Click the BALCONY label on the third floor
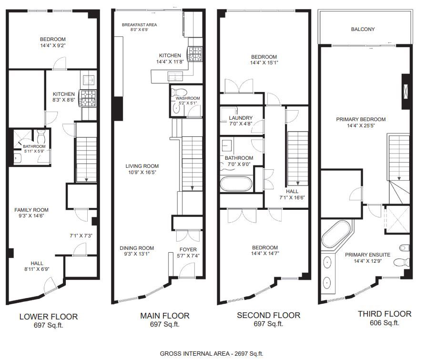click(x=363, y=29)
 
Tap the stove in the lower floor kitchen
click(x=88, y=98)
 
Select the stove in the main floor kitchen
click(x=195, y=54)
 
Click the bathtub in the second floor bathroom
click(x=236, y=184)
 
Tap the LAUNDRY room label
click(x=241, y=118)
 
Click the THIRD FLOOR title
click(x=385, y=314)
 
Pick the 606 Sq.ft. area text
click(x=385, y=323)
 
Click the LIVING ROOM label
click(x=142, y=166)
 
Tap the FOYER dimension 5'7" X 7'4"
click(x=188, y=256)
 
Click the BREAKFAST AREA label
click(x=139, y=25)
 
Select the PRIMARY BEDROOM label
click(x=361, y=119)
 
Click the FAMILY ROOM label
click(x=31, y=210)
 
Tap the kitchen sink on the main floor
click(x=175, y=76)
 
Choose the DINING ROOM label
click(x=137, y=248)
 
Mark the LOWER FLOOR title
click(x=49, y=317)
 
